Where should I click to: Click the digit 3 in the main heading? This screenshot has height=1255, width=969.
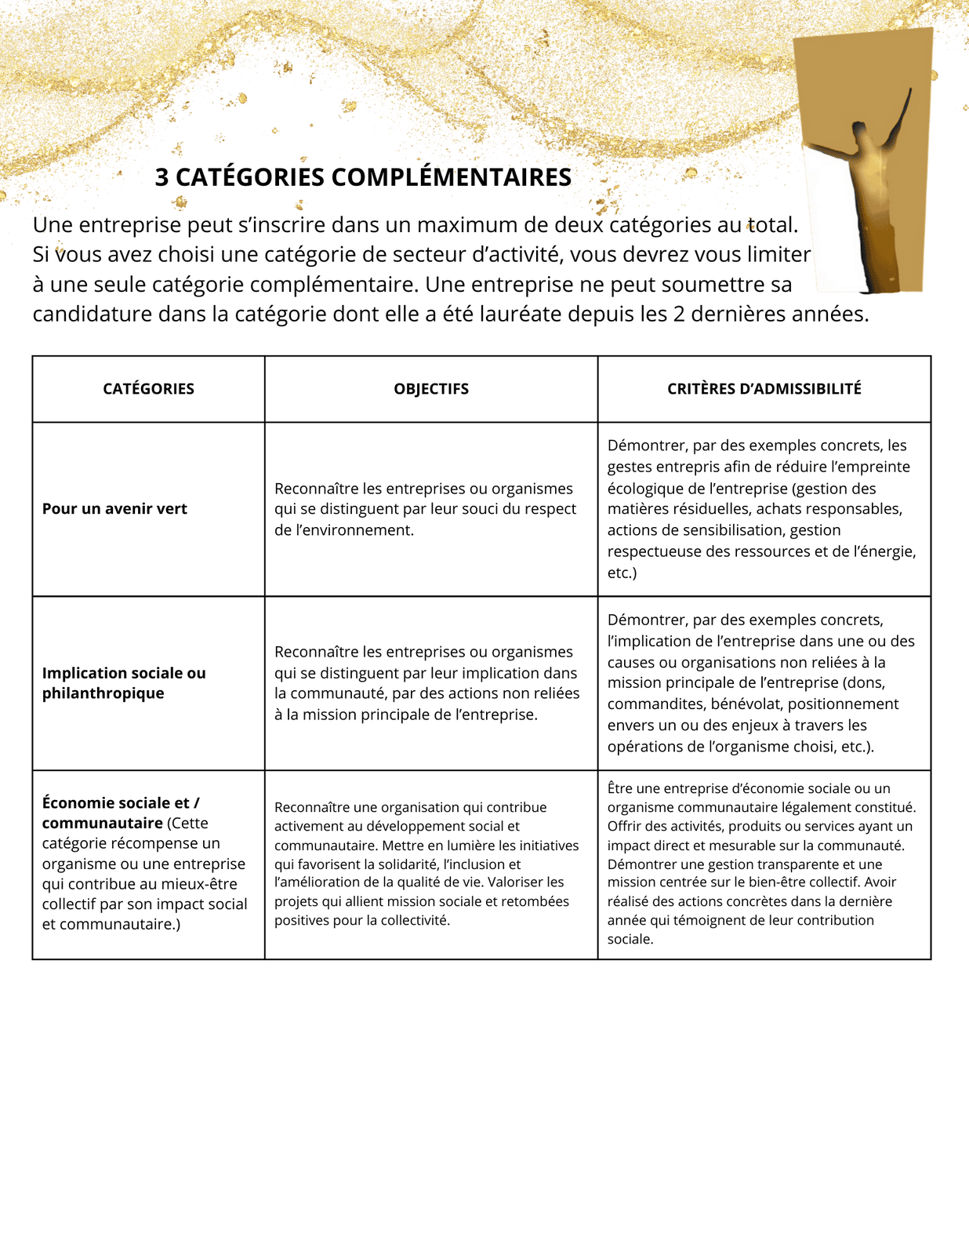161,177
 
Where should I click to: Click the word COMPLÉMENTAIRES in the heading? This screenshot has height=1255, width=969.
451,177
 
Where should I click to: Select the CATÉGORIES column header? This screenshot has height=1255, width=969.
148,389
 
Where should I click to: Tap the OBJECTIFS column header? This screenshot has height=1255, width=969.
431,389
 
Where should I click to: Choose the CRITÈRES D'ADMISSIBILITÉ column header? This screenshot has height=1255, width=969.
764,389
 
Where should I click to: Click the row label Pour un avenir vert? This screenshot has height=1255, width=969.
114,509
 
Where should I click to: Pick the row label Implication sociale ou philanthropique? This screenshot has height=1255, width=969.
124,683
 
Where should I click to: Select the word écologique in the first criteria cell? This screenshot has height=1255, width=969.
644,489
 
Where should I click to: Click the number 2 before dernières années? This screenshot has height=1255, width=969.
679,315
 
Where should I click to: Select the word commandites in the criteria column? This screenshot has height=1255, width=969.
651,704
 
